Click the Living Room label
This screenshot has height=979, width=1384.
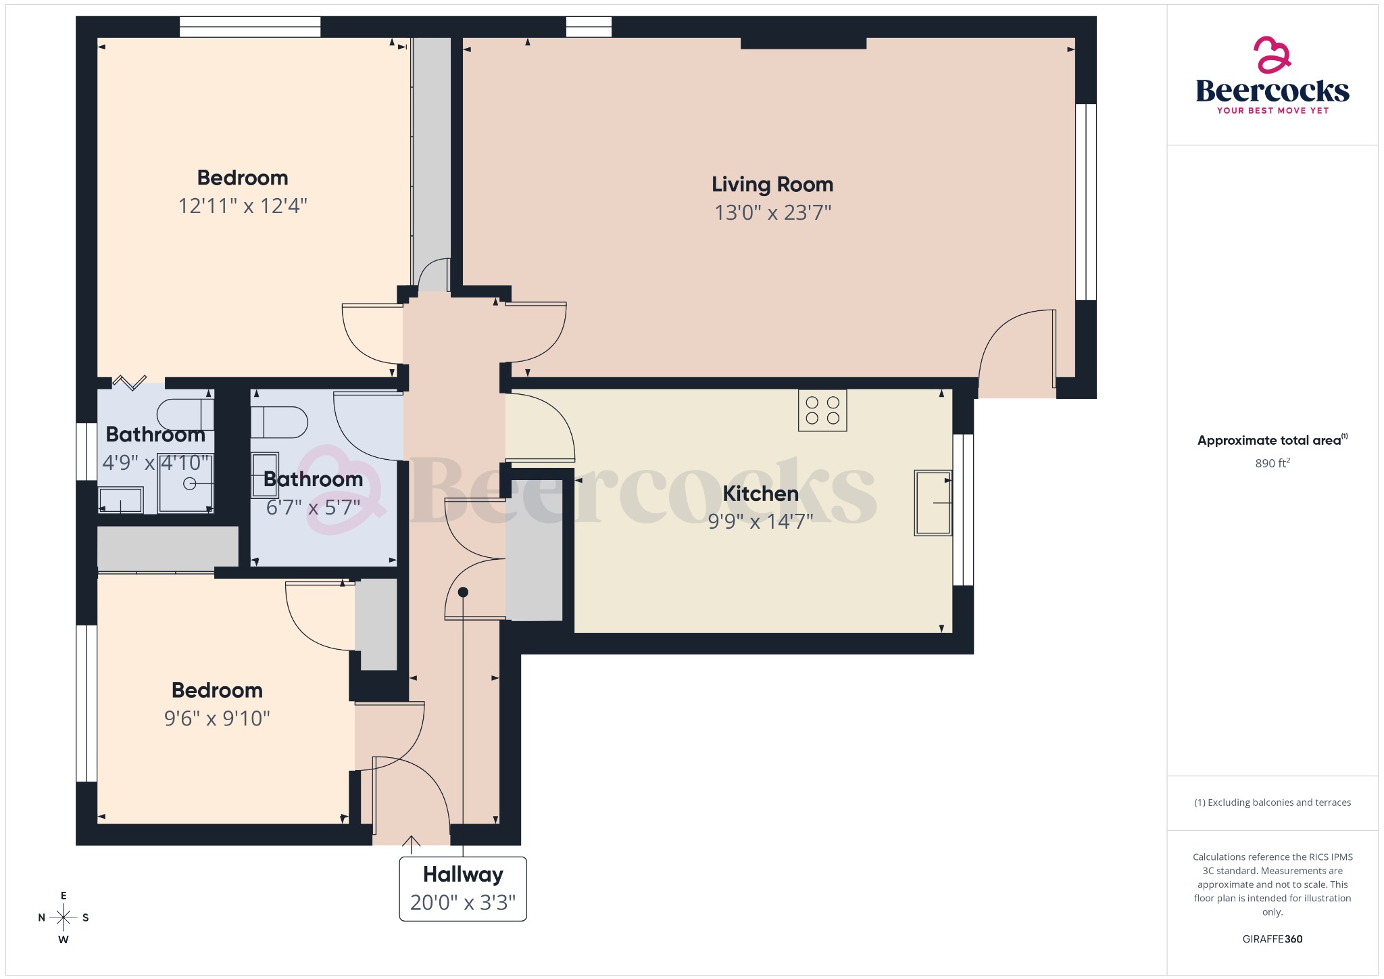772,184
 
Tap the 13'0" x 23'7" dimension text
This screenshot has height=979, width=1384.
772,212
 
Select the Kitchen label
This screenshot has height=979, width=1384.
760,494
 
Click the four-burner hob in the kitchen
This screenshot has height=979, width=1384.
822,410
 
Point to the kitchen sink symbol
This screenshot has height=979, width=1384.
933,502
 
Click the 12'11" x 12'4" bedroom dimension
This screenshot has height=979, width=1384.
243,206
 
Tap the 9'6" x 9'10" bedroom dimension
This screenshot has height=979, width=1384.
217,718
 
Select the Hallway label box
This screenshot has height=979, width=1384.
463,888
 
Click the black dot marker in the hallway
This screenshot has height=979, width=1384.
463,592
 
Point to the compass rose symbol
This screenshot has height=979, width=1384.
64,917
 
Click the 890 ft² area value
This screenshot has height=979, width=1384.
1272,463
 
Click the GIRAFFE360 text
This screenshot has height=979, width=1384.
1272,938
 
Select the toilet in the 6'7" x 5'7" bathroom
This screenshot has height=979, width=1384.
279,423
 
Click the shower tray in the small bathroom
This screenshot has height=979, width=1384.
186,483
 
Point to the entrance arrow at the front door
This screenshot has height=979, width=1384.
411,841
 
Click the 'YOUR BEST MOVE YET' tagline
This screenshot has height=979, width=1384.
1272,110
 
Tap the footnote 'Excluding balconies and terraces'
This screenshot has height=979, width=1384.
1272,803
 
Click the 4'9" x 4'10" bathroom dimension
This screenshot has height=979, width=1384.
156,462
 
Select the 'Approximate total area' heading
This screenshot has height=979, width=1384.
1269,440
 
